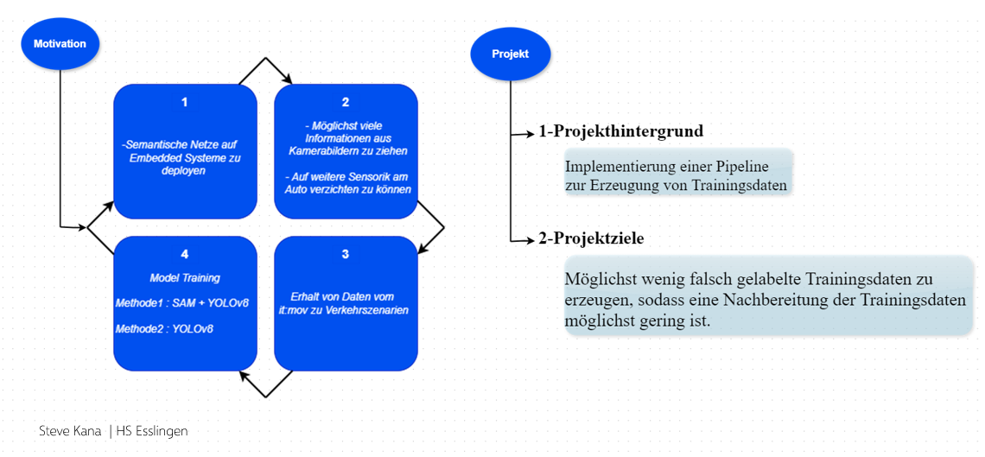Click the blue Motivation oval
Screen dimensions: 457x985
(x=60, y=43)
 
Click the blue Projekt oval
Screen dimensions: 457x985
(x=510, y=54)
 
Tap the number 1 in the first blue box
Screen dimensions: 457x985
(x=184, y=102)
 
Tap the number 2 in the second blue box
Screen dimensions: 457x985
(x=346, y=102)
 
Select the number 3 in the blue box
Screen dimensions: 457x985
(x=346, y=254)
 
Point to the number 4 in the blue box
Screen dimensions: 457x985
(x=184, y=254)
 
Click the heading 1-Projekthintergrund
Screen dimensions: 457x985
(x=620, y=132)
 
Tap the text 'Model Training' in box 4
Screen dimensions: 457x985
(x=185, y=278)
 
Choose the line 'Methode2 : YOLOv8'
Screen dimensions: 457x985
(x=164, y=328)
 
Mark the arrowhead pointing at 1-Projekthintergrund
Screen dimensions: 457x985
(x=530, y=134)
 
